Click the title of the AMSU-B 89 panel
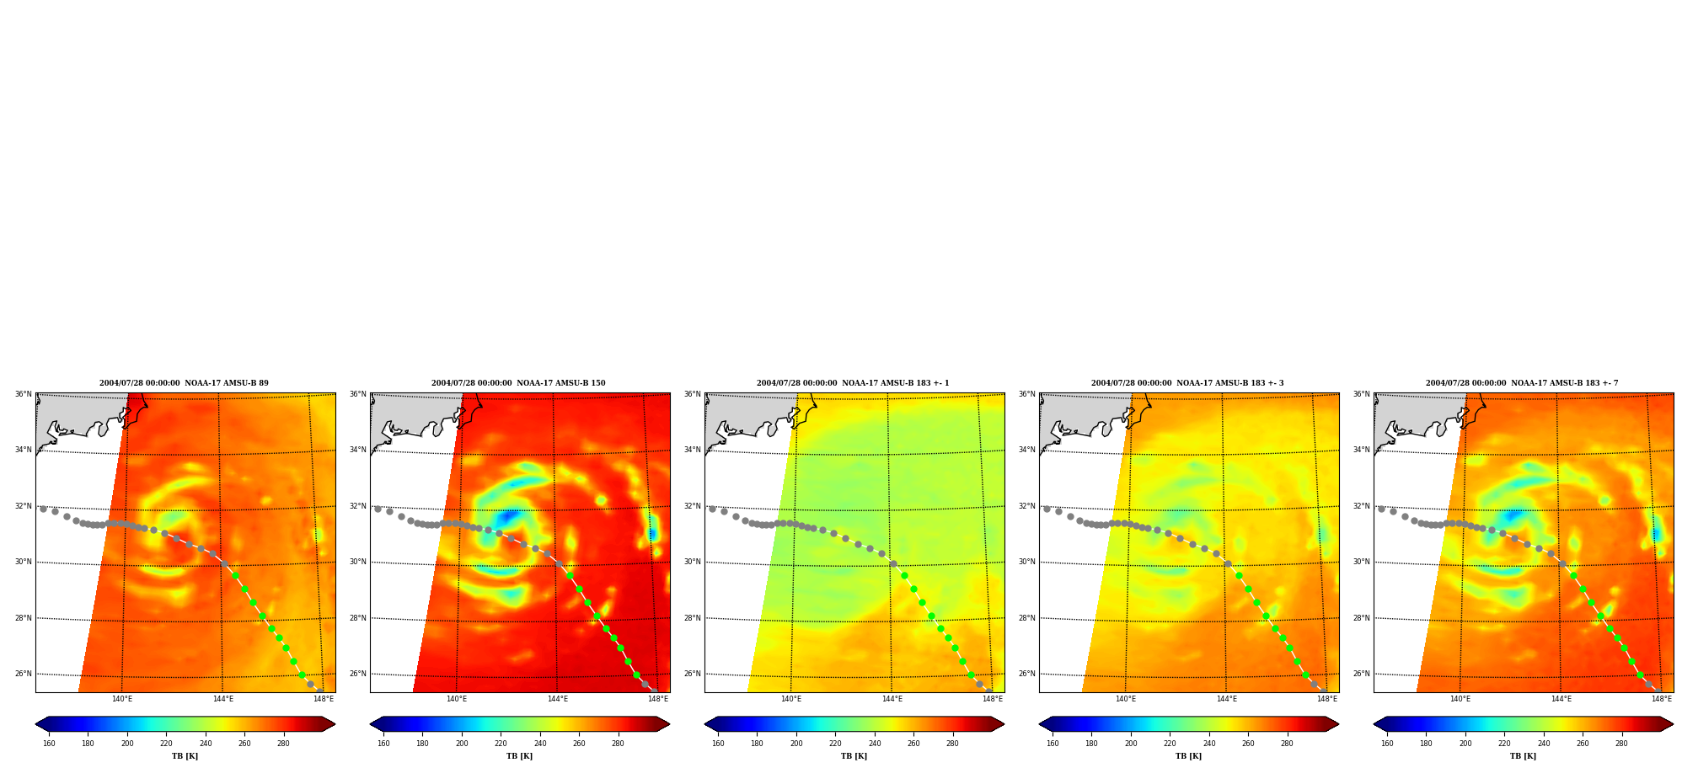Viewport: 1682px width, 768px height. coord(184,383)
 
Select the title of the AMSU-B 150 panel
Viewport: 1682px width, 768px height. coord(518,383)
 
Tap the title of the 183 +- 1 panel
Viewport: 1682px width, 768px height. coord(853,383)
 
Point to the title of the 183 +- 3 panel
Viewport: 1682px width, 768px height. coord(1187,383)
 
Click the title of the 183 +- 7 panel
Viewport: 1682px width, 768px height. coord(1522,383)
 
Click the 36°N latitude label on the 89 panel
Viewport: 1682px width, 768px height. coord(23,394)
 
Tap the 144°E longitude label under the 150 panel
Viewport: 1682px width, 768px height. coord(557,698)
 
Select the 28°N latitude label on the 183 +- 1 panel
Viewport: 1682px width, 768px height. coord(692,618)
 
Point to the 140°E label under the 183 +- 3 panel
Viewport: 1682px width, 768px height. coord(1126,698)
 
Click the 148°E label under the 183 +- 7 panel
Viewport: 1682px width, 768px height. coord(1662,698)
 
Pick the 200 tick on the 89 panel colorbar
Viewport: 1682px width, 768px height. coord(127,744)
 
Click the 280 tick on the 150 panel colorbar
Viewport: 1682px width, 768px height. coord(618,744)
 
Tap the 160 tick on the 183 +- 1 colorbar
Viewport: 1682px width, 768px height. coord(718,744)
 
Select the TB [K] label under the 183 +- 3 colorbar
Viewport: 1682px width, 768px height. coord(1188,756)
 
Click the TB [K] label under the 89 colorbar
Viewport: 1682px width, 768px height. coord(185,756)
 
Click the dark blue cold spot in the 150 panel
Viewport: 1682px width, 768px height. coord(508,516)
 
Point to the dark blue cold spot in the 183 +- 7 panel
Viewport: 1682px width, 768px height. coord(1513,515)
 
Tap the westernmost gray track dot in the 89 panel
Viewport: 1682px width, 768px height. coord(43,509)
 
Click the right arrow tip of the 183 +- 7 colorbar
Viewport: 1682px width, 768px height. coord(1673,724)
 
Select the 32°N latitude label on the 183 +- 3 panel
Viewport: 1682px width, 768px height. coord(1026,506)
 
